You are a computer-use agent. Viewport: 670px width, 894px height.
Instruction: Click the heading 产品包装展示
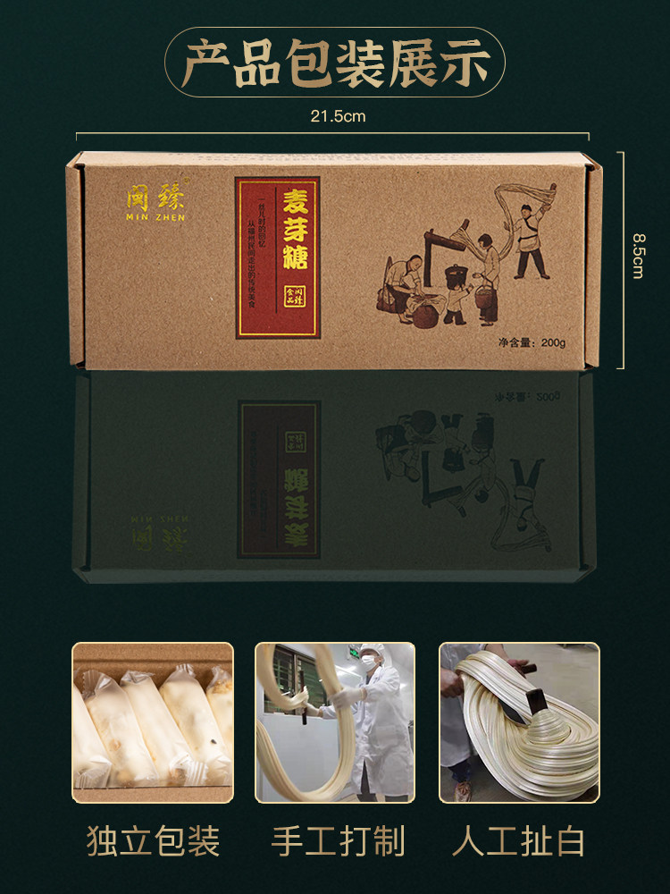click(x=335, y=62)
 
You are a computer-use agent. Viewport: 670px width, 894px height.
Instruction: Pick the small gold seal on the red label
click(x=291, y=295)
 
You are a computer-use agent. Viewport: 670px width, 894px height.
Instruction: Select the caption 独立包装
click(x=153, y=840)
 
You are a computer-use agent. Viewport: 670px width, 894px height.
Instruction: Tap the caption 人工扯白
click(x=519, y=840)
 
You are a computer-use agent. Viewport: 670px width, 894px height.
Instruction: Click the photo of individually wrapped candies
click(x=153, y=722)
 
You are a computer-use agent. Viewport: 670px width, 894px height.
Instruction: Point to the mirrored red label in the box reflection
click(x=279, y=478)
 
